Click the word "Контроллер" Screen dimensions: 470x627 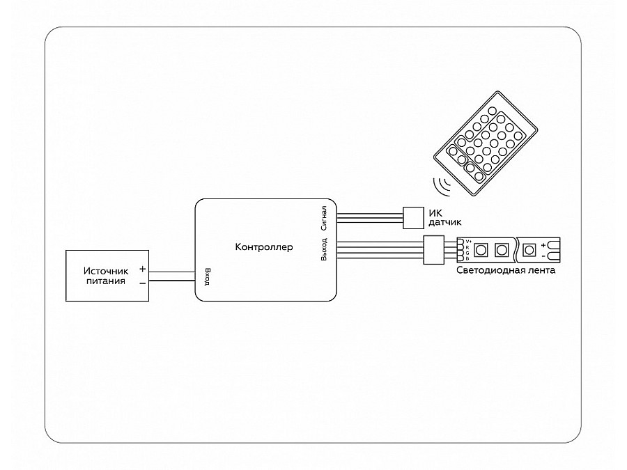point(265,247)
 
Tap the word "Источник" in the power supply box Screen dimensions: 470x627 point(106,271)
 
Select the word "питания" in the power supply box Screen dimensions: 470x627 point(106,281)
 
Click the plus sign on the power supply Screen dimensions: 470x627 point(142,269)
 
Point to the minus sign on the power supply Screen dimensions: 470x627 point(142,283)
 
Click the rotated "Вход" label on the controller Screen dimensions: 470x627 point(207,277)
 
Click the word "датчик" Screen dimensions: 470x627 point(442,222)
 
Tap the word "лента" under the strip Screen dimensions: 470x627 point(541,271)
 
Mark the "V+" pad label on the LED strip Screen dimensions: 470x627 point(468,241)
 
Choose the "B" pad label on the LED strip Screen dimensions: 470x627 point(468,258)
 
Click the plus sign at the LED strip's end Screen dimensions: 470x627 point(543,245)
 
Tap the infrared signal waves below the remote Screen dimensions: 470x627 point(442,187)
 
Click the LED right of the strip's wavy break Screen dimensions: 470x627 point(529,249)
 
